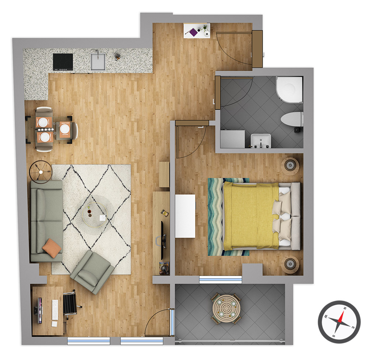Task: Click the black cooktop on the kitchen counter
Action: click(63, 62)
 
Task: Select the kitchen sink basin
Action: click(98, 62)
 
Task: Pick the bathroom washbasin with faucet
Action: click(261, 141)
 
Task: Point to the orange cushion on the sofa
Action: click(52, 248)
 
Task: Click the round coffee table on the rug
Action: click(95, 215)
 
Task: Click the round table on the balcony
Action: click(226, 309)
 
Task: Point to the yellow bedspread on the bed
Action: click(251, 216)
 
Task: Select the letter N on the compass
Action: click(345, 308)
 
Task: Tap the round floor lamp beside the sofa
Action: click(41, 172)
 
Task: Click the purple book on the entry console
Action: click(194, 32)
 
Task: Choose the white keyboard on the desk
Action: click(55, 310)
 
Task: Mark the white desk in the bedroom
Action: click(185, 216)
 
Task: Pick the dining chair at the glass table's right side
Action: click(74, 131)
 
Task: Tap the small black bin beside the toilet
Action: click(297, 130)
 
